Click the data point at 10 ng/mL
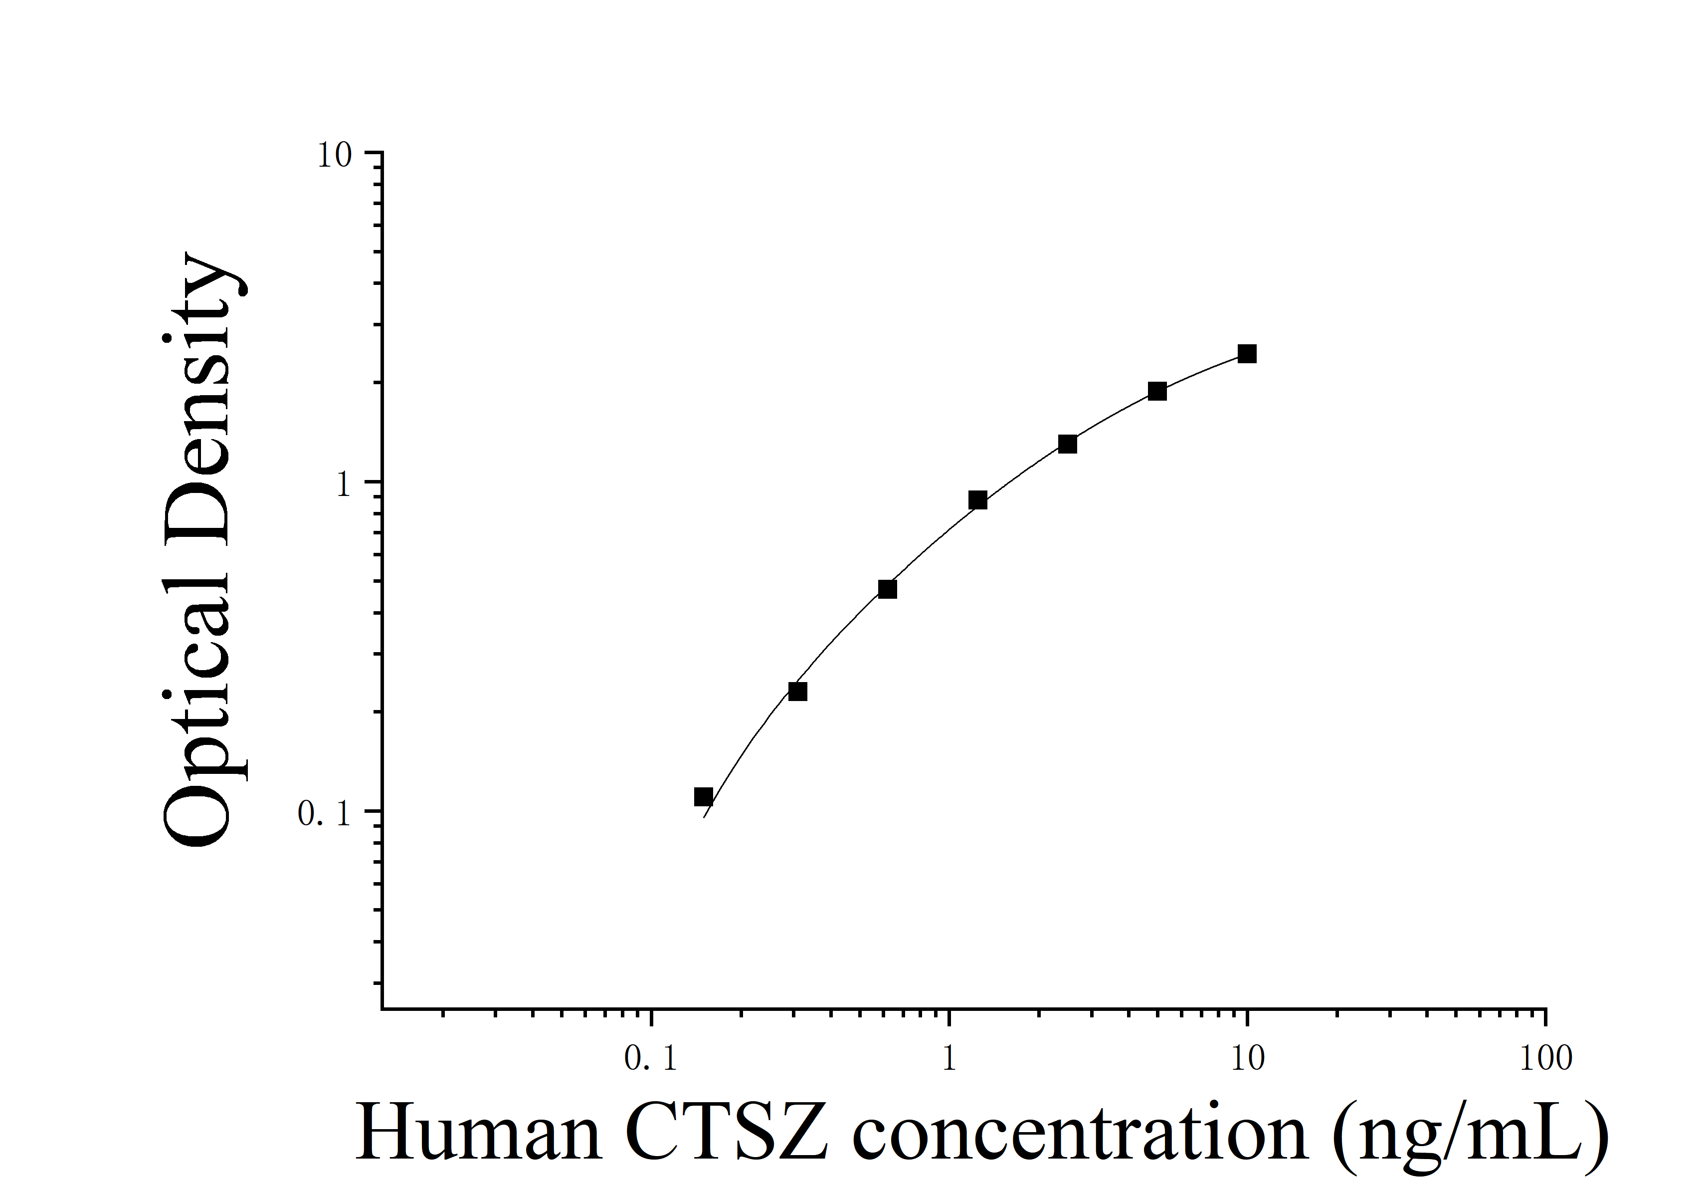pyautogui.click(x=1247, y=354)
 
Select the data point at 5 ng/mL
pyautogui.click(x=1157, y=391)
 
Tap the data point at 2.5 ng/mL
pyautogui.click(x=1067, y=444)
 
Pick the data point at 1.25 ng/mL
pyautogui.click(x=977, y=500)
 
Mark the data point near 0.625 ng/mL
pyautogui.click(x=887, y=589)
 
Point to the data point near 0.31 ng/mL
pyautogui.click(x=797, y=692)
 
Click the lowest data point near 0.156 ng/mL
pyautogui.click(x=703, y=797)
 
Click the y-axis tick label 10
pyautogui.click(x=335, y=156)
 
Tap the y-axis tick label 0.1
pyautogui.click(x=324, y=814)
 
